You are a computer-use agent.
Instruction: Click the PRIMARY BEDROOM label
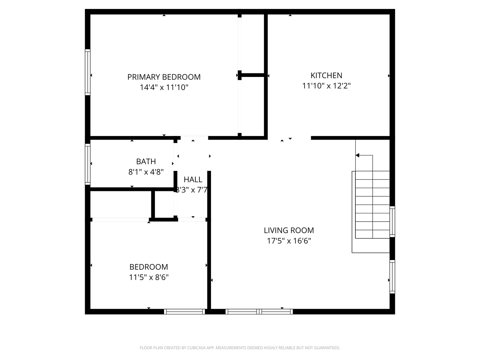(x=164, y=77)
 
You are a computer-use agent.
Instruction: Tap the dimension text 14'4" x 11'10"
(x=164, y=87)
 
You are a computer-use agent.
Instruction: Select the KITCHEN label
(x=326, y=75)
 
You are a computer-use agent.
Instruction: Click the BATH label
(x=146, y=161)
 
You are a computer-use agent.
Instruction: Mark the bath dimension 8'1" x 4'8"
(x=146, y=172)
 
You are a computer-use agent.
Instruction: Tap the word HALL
(x=193, y=180)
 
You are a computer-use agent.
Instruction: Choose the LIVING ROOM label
(x=289, y=230)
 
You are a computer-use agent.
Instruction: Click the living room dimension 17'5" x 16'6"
(x=289, y=241)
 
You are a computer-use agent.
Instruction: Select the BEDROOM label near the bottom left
(x=149, y=267)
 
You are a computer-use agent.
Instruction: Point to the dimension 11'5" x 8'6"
(x=149, y=277)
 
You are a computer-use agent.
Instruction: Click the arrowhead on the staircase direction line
(x=358, y=155)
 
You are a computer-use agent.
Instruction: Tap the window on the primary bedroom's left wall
(x=88, y=72)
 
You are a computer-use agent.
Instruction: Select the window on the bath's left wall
(x=88, y=164)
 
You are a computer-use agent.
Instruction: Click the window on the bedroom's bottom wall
(x=184, y=312)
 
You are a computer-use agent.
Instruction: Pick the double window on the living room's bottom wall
(x=259, y=312)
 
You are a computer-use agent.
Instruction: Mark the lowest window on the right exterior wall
(x=392, y=277)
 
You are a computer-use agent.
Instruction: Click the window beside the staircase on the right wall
(x=392, y=222)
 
